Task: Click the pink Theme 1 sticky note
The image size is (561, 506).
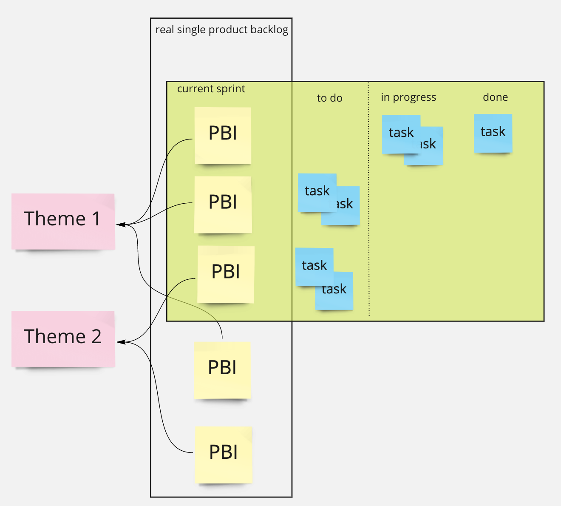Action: coord(63,221)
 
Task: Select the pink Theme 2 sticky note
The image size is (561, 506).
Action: coord(63,338)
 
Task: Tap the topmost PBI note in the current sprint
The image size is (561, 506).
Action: coord(223,135)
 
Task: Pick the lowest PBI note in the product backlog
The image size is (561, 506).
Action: coord(224,455)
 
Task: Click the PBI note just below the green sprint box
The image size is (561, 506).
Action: coord(222,370)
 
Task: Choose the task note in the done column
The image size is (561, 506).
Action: coord(493,133)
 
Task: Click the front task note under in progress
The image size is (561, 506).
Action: coord(401,134)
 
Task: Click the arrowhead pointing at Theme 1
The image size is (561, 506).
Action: coord(119,224)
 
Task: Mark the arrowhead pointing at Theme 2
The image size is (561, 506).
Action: coord(119,342)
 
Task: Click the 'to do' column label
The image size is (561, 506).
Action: coord(329,98)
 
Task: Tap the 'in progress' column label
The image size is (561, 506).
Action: coord(408,97)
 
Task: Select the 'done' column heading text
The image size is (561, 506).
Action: coord(495,97)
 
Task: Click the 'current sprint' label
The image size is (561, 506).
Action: coord(211,89)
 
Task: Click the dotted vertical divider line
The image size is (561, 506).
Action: coord(369,200)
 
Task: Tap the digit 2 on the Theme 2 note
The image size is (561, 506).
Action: coord(96,337)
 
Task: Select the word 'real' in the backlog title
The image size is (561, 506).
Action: coord(164,30)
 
